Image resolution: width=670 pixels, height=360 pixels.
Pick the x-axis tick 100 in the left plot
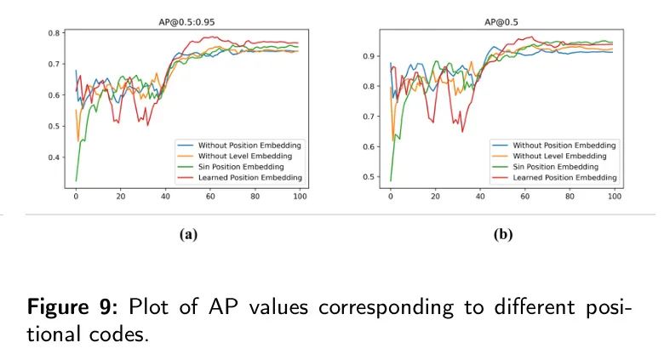297,197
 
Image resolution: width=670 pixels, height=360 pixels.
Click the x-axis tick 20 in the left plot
120,197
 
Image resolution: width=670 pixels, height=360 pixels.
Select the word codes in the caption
118,334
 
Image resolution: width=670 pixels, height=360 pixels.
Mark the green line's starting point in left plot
76,180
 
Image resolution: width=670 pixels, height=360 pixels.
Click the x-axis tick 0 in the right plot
390,197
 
